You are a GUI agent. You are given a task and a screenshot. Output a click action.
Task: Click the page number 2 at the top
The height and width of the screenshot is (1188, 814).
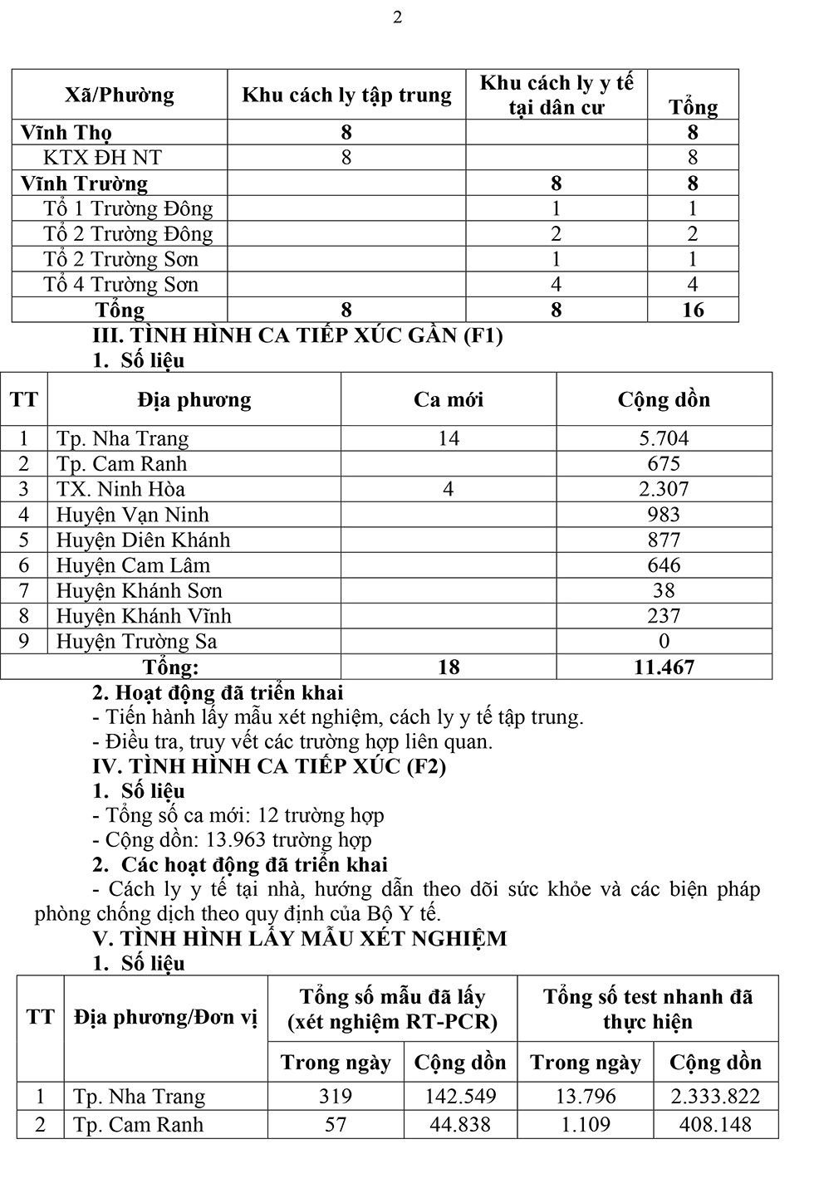tap(397, 17)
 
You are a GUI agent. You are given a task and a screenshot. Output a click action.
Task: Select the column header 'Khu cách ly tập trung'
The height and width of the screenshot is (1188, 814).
tap(346, 95)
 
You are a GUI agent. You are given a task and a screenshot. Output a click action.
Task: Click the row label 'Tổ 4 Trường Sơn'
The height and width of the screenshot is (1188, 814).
tap(120, 285)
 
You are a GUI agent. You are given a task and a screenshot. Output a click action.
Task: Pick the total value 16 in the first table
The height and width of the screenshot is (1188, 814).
tap(693, 310)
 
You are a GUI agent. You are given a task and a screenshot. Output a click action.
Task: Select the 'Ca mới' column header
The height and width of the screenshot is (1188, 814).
tap(448, 400)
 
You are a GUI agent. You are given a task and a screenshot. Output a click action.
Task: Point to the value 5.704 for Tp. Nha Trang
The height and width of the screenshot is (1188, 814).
tap(664, 438)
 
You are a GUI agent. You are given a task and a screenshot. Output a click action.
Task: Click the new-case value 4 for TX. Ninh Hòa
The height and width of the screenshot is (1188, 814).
tap(448, 489)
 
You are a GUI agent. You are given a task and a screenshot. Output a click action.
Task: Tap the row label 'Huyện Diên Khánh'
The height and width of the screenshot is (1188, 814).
tap(143, 540)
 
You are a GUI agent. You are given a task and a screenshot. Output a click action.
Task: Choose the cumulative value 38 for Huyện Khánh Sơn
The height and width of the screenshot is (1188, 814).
tap(664, 591)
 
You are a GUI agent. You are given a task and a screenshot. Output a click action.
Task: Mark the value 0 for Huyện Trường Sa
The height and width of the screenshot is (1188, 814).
tap(664, 642)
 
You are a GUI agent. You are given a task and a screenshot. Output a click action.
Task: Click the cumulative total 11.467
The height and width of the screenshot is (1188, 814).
tap(664, 667)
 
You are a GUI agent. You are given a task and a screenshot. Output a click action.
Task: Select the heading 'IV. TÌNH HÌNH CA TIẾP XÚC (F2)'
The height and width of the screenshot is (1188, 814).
tap(269, 766)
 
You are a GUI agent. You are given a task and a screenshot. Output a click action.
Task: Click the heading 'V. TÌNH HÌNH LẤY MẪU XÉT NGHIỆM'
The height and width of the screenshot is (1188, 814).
tap(300, 939)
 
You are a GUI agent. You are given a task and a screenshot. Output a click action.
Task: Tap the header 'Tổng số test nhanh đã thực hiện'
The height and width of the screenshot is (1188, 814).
tap(647, 1009)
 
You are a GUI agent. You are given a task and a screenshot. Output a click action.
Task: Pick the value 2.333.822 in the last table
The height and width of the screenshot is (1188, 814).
tap(715, 1097)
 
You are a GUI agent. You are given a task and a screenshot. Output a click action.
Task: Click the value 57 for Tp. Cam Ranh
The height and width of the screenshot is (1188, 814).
tap(336, 1125)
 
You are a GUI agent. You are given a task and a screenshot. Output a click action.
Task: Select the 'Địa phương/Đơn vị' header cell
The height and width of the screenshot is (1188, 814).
tap(165, 1018)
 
